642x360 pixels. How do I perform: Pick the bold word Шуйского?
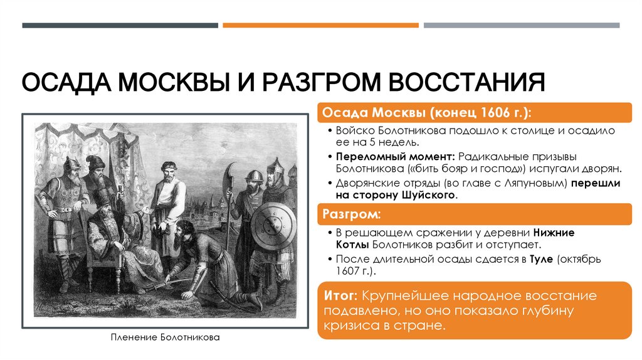point(429,196)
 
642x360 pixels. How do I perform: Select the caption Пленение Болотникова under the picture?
point(165,337)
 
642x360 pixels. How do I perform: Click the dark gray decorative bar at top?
point(120,26)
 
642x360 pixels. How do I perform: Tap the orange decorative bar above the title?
point(320,26)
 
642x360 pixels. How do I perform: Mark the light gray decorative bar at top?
point(521,26)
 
